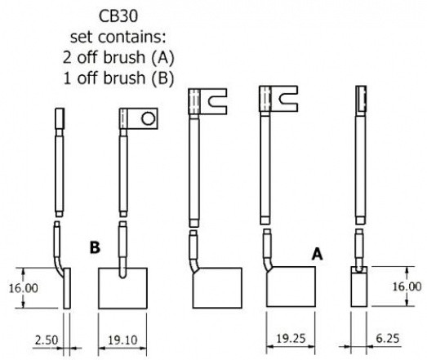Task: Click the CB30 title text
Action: (x=118, y=16)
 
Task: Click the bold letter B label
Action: (x=95, y=248)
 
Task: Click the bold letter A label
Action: (x=318, y=255)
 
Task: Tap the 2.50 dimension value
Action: (x=47, y=340)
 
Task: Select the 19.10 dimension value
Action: (x=122, y=340)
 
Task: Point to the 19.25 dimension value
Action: (x=291, y=339)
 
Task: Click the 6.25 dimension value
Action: (x=388, y=339)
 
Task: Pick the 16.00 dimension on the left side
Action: (x=24, y=288)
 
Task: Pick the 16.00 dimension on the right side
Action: (x=407, y=287)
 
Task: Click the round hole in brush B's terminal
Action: (x=149, y=118)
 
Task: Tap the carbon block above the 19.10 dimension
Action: (x=122, y=288)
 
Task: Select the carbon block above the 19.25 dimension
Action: (x=291, y=287)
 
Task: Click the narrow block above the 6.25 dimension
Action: (x=359, y=287)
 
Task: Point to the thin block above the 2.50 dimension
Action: (x=67, y=288)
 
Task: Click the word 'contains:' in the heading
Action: (x=131, y=37)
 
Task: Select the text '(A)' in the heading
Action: (x=162, y=57)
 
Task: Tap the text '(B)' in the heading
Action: (x=162, y=78)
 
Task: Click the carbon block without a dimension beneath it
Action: (x=217, y=288)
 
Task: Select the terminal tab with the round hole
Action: (x=139, y=118)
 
